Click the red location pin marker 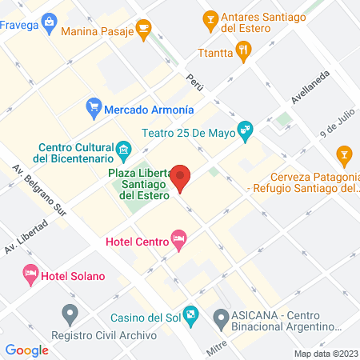(x=182, y=178)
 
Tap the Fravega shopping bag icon (x=50, y=20)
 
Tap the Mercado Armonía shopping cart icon (x=94, y=106)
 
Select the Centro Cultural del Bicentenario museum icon (x=123, y=149)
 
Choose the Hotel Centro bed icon (x=178, y=239)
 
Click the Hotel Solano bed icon (x=30, y=274)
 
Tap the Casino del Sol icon (x=190, y=314)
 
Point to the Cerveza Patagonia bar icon (x=342, y=154)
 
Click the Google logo (x=26, y=350)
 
